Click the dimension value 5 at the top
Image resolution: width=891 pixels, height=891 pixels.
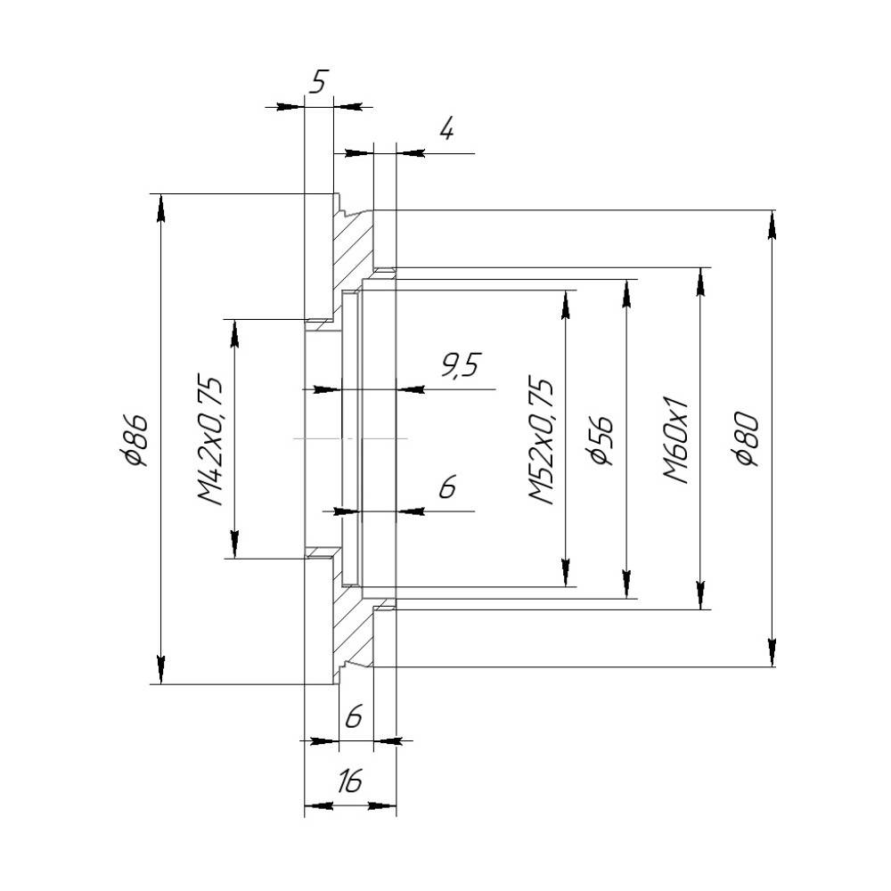tap(319, 82)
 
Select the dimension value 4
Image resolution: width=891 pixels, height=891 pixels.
tap(447, 129)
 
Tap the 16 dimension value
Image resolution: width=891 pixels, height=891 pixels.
tap(349, 781)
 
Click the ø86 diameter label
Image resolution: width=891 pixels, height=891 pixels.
tap(137, 440)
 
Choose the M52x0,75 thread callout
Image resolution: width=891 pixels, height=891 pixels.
tap(541, 439)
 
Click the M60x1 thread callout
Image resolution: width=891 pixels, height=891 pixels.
tap(676, 439)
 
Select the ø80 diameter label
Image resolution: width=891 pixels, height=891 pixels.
tap(746, 440)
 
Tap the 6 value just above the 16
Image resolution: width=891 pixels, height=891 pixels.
tap(354, 716)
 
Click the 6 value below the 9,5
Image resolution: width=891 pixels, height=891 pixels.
tap(448, 487)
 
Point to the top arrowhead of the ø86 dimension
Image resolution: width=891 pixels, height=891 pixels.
tap(161, 208)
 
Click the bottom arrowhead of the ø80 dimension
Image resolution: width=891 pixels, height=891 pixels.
tap(771, 653)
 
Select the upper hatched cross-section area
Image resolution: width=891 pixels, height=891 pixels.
tap(352, 250)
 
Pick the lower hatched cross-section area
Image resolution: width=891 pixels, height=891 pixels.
tap(352, 628)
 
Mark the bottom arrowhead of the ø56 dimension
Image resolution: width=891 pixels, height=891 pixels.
tap(626, 584)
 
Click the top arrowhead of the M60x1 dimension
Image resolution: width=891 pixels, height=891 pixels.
tap(700, 281)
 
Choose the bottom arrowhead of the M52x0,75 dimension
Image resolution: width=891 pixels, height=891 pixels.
tap(566, 573)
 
